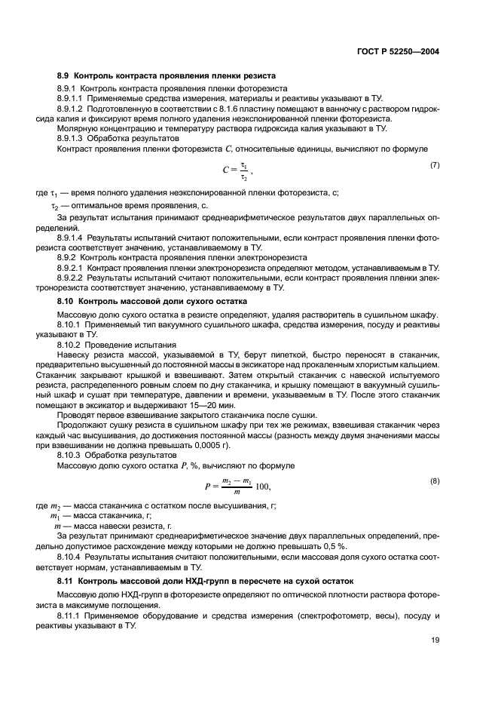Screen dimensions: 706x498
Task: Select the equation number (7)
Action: pos(434,164)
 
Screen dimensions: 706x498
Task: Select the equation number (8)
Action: pos(434,480)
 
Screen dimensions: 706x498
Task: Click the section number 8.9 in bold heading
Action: pos(64,76)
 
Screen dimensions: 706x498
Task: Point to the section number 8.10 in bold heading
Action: pos(66,302)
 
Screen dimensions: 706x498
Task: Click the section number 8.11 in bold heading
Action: pos(66,582)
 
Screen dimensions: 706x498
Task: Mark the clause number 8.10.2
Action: pos(69,343)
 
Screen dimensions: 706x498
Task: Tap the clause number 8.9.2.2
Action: pos(71,278)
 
